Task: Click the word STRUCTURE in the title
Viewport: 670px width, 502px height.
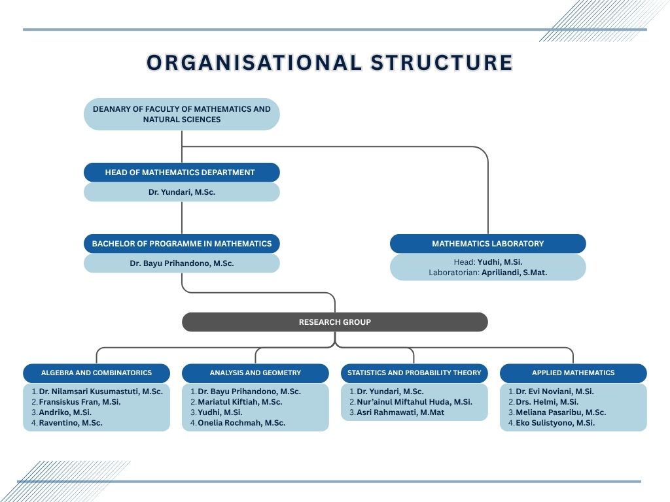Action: (442, 62)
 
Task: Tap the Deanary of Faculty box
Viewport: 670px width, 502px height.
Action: (182, 114)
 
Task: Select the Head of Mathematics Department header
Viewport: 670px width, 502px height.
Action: (182, 173)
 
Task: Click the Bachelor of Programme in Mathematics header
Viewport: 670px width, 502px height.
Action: (182, 244)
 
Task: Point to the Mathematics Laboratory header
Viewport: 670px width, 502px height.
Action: (488, 244)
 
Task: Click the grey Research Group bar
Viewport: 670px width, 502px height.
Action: (335, 322)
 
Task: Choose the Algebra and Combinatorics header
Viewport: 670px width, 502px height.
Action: (97, 373)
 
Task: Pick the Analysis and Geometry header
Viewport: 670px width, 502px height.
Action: (256, 373)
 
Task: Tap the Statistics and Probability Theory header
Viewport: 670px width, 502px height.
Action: (414, 373)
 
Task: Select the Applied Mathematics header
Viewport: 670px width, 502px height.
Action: (573, 373)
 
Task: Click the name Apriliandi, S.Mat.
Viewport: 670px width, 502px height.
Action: (514, 273)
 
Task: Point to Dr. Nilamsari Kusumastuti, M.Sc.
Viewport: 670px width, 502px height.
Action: (101, 392)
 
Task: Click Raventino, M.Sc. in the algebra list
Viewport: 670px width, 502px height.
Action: (71, 423)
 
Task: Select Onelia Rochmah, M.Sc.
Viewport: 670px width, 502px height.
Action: (241, 423)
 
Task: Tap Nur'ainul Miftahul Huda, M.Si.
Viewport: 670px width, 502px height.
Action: (414, 402)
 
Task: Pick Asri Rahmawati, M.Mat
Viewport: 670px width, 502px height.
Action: (400, 412)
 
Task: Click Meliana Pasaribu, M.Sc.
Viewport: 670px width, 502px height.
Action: (561, 412)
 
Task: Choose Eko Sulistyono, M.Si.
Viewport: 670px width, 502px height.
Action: (555, 423)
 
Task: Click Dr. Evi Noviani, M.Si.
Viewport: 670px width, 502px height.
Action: (555, 392)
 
